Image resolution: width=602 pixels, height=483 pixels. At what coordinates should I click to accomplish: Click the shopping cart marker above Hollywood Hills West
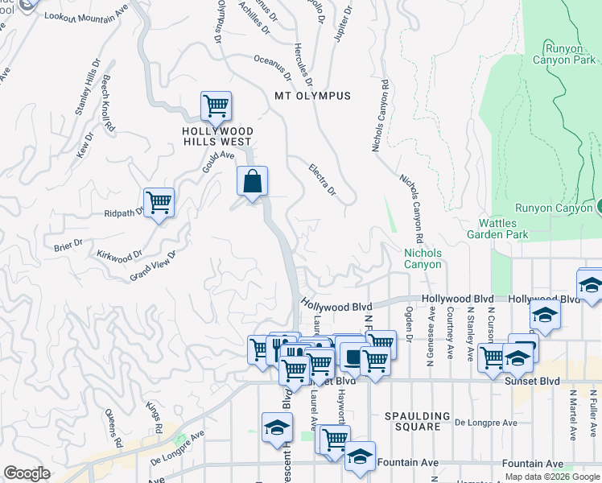pyautogui.click(x=216, y=105)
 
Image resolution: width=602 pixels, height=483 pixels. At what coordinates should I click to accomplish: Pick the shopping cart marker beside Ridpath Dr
pyautogui.click(x=159, y=202)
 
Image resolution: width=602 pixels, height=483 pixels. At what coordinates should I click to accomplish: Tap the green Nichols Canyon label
pyautogui.click(x=423, y=258)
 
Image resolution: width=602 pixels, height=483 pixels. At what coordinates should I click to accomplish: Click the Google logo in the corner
pyautogui.click(x=27, y=473)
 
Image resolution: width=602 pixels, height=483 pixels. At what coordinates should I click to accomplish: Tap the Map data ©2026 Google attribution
pyautogui.click(x=553, y=477)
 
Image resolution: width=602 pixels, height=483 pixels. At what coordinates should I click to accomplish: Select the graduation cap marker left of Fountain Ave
pyautogui.click(x=360, y=456)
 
